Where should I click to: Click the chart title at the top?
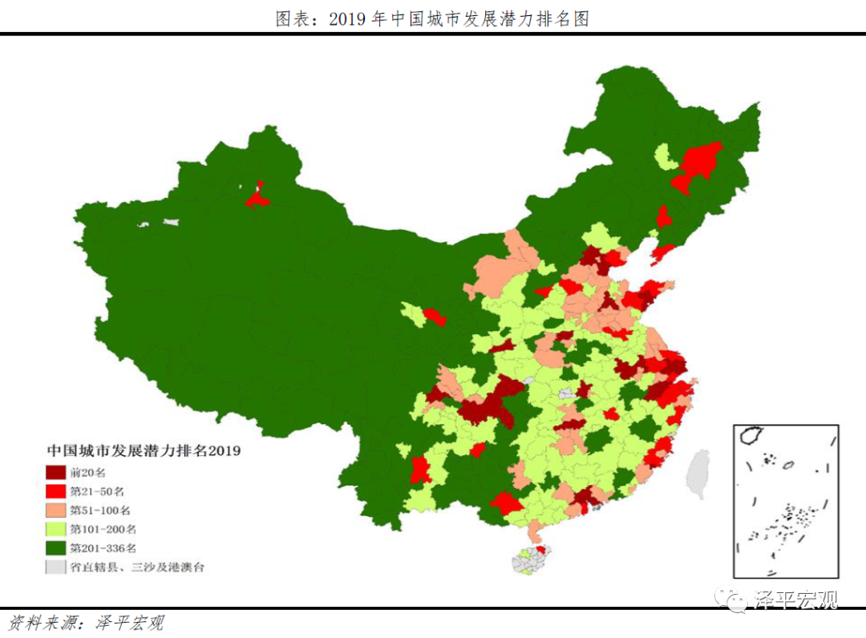point(432,18)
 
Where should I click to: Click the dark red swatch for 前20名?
point(55,472)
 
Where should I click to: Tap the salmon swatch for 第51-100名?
point(55,510)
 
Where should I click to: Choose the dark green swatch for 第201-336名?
point(55,548)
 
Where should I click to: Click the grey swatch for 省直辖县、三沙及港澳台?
point(55,567)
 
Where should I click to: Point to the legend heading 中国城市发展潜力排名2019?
point(144,450)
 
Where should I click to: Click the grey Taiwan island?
point(698,474)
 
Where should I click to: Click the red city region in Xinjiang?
point(257,197)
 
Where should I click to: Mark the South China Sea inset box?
point(786,501)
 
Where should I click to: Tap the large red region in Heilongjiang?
point(700,161)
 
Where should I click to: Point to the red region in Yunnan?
point(419,469)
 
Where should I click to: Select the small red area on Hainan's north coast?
point(541,550)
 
